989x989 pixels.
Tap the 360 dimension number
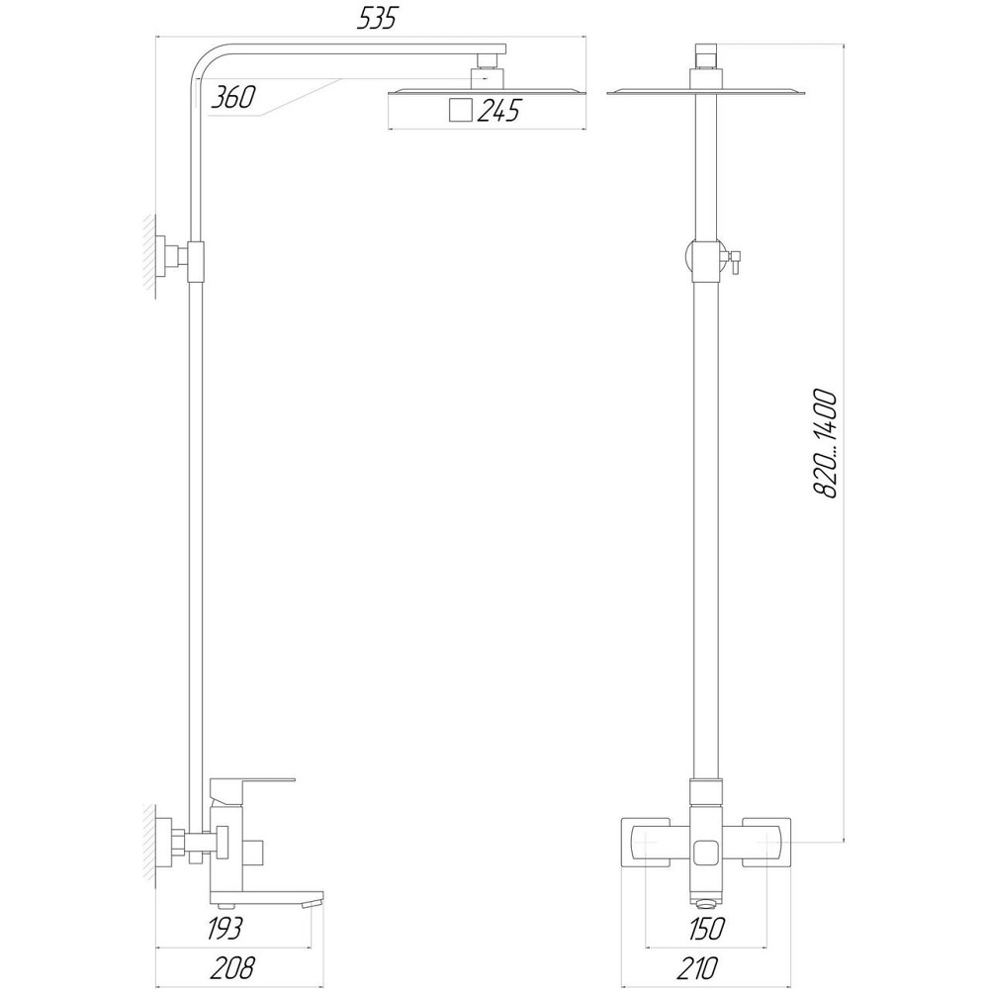tap(233, 97)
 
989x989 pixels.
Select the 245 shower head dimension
tap(498, 111)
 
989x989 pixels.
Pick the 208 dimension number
tap(233, 966)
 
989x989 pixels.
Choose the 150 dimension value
tap(706, 928)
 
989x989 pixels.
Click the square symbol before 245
tap(461, 110)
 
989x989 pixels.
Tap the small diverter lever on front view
tap(735, 262)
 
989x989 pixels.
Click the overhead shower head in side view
tap(485, 92)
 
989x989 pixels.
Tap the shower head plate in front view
tap(706, 93)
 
